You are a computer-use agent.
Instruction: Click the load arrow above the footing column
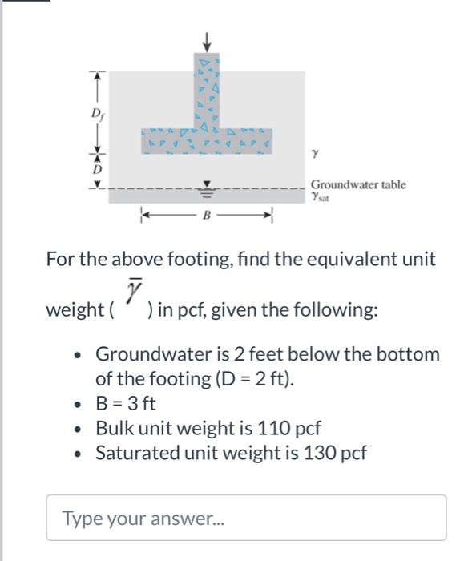tap(208, 40)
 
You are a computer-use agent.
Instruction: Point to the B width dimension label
tap(208, 216)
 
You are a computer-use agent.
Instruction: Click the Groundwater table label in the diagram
tap(358, 184)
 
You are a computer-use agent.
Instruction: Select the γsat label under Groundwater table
tap(321, 197)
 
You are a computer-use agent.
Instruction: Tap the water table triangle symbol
tap(208, 188)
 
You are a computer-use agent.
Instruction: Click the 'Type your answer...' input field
tap(246, 517)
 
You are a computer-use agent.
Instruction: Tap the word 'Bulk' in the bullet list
tap(114, 427)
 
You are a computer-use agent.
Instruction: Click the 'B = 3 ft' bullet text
tap(126, 402)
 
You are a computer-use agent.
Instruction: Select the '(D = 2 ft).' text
tap(252, 378)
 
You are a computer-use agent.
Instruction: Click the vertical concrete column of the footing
tap(208, 88)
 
